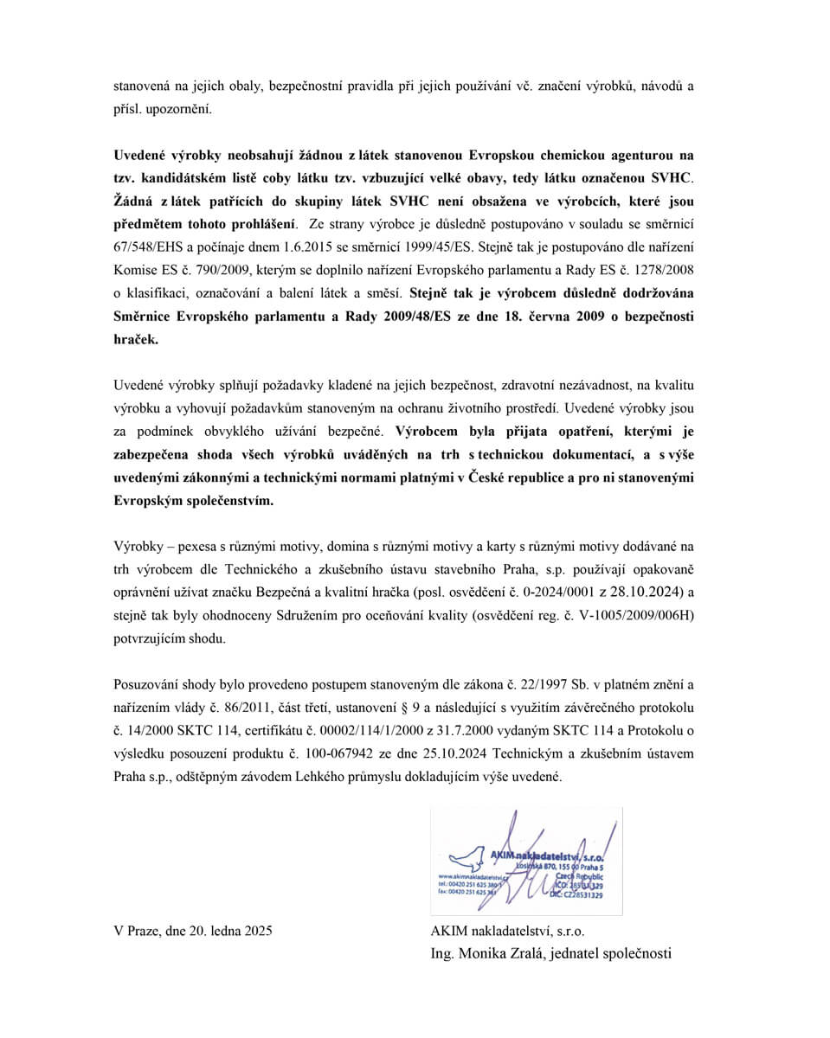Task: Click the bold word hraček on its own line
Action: pos(136,340)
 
